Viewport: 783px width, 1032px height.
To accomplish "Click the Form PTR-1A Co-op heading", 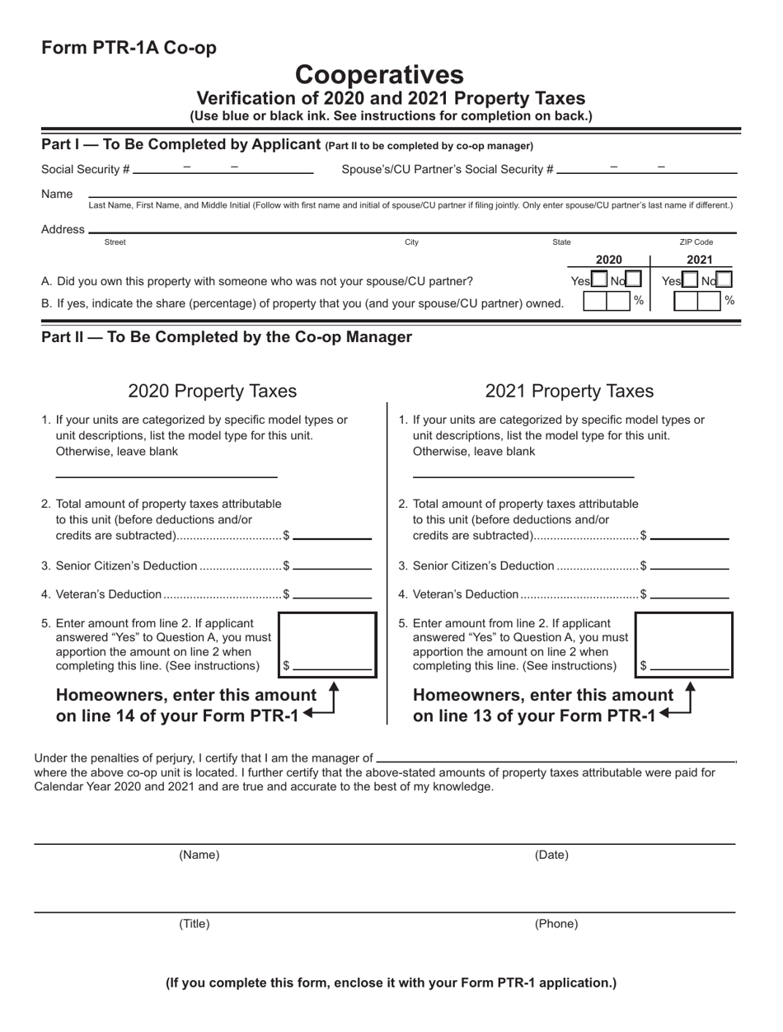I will pyautogui.click(x=129, y=48).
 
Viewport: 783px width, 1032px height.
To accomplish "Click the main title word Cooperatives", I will pyautogui.click(x=379, y=75).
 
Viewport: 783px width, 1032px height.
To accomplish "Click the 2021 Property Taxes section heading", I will pyautogui.click(x=570, y=390).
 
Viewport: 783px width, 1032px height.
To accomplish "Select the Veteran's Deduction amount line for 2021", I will pyautogui.click(x=689, y=595).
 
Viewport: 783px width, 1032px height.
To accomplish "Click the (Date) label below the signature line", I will pyautogui.click(x=551, y=855).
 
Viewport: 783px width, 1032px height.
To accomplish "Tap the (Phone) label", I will pyautogui.click(x=556, y=924).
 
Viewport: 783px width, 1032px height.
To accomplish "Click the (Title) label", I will pyautogui.click(x=195, y=924).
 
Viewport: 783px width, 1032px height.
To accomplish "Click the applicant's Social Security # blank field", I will pyautogui.click(x=223, y=173).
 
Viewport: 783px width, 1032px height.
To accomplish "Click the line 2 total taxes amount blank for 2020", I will pyautogui.click(x=332, y=537).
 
